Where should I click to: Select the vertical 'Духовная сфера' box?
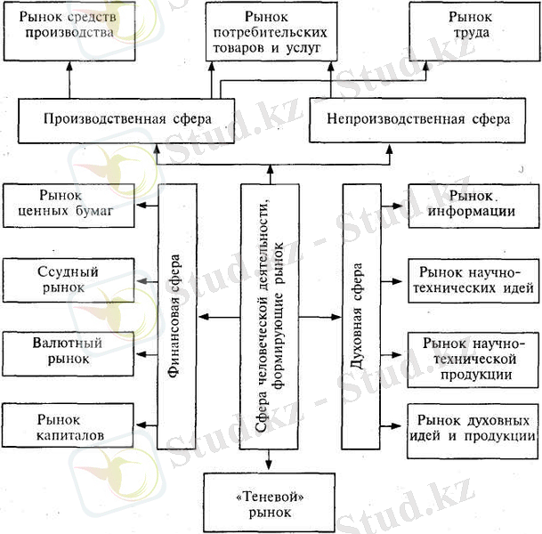coord(359,317)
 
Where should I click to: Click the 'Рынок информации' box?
coord(472,204)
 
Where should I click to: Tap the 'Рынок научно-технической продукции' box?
coord(472,359)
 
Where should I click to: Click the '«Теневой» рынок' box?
coord(269,498)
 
